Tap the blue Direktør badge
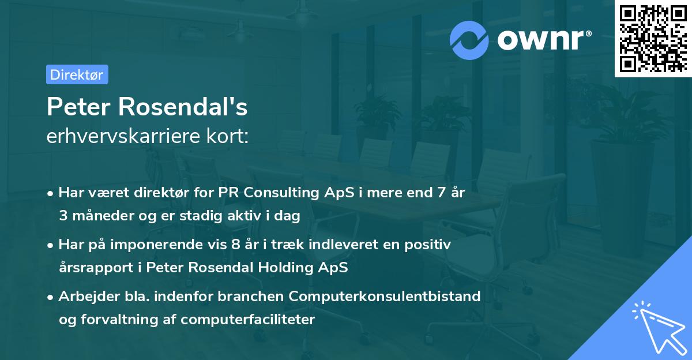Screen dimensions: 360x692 77,74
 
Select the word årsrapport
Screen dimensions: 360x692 92,267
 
